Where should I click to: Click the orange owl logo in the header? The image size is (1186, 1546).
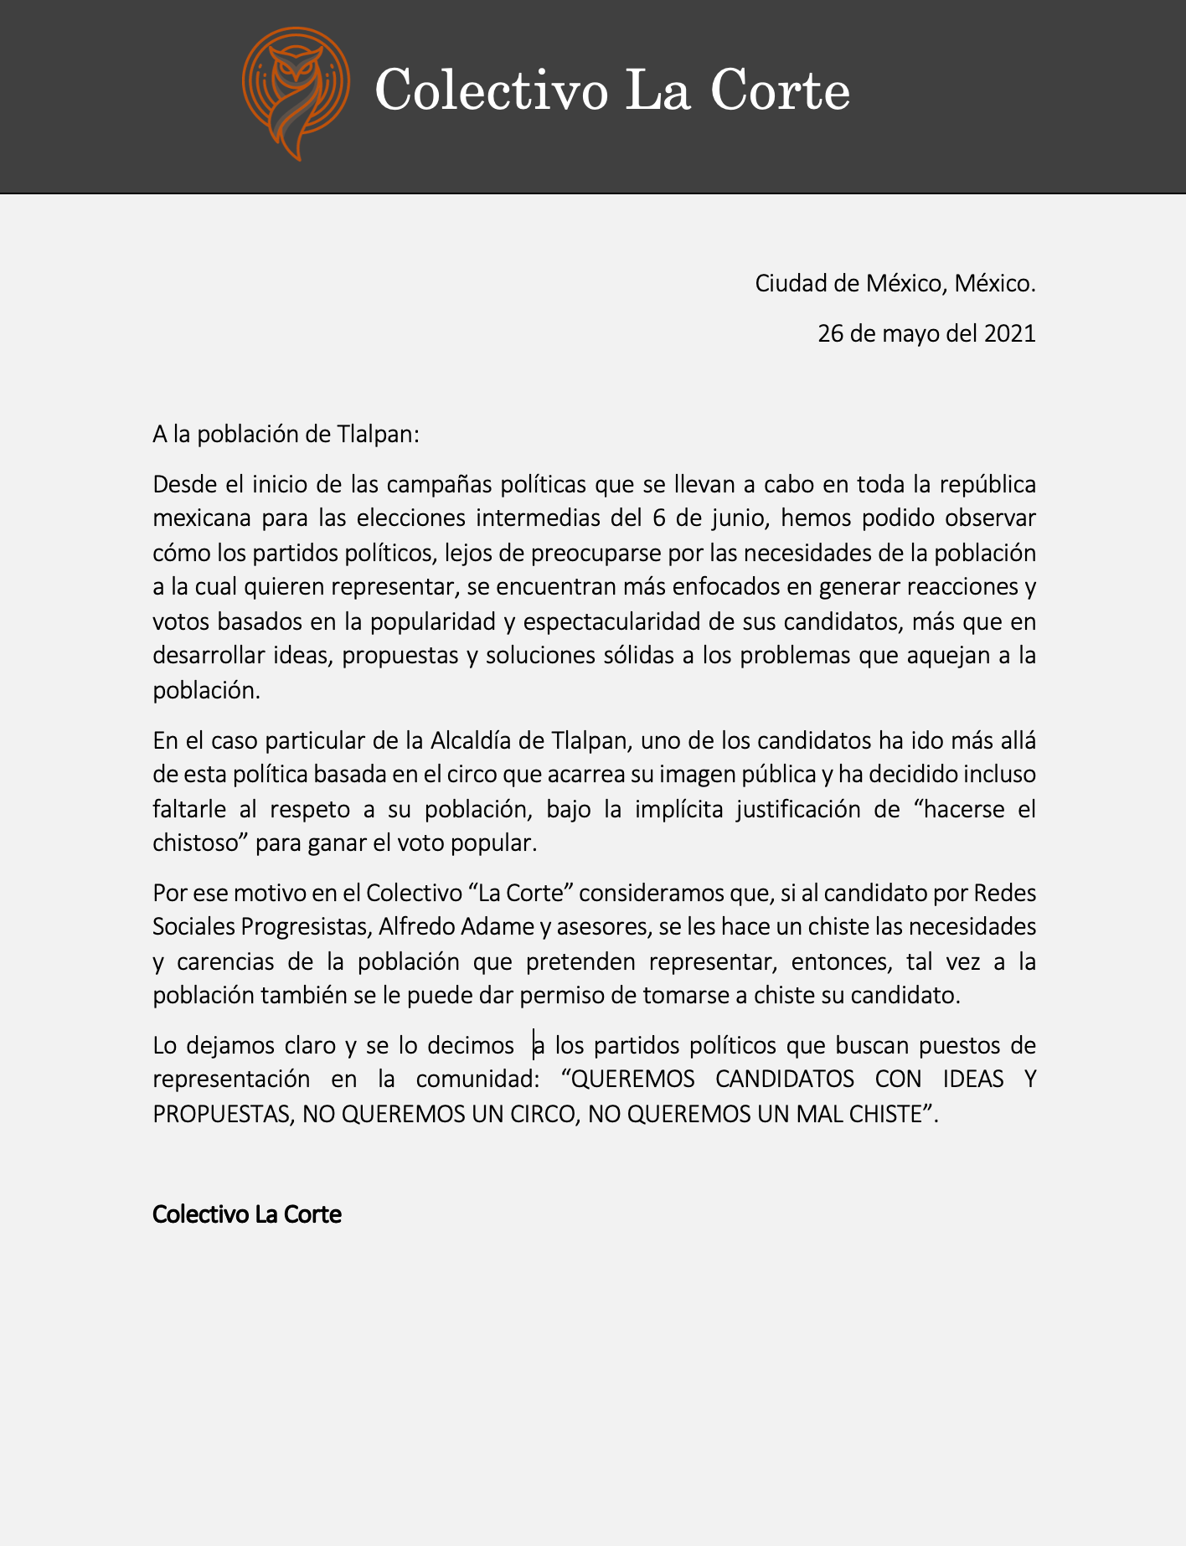(296, 92)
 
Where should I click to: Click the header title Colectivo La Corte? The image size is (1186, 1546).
(612, 90)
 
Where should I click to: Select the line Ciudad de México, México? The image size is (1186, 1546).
(895, 283)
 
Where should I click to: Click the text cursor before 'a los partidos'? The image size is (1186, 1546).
(534, 1045)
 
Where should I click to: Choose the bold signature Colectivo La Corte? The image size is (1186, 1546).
(247, 1214)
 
